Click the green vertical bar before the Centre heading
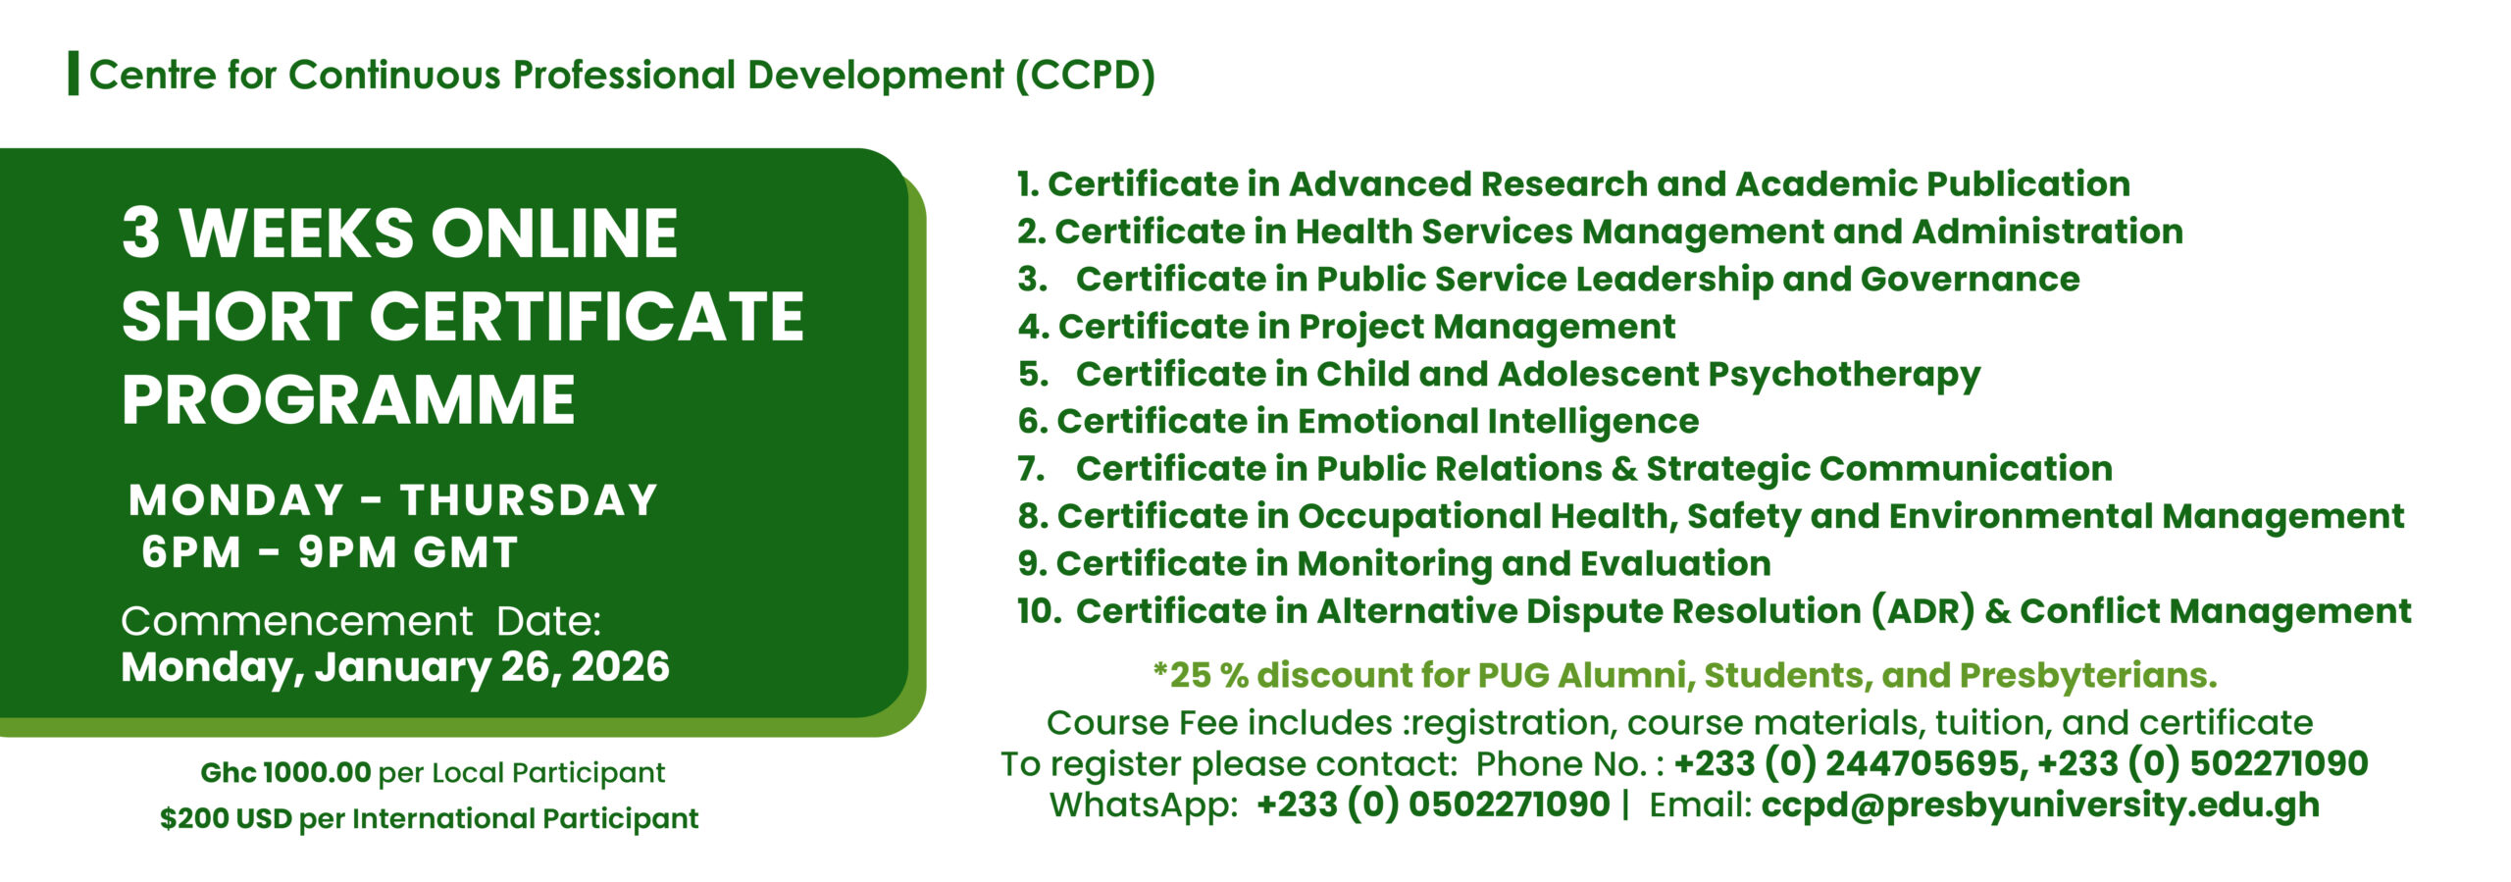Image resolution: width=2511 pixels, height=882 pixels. pyautogui.click(x=74, y=75)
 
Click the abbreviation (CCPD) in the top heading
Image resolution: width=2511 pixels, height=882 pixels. pyautogui.click(x=1085, y=76)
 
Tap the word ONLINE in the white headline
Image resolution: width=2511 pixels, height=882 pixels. pyautogui.click(x=554, y=233)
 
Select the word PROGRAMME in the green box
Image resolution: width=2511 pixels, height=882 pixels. pyautogui.click(x=348, y=400)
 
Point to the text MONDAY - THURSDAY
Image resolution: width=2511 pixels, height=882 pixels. pyautogui.click(x=392, y=500)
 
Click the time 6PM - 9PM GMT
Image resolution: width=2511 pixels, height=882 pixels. pyautogui.click(x=330, y=552)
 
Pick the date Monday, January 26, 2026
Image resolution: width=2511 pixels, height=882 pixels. pyautogui.click(x=395, y=668)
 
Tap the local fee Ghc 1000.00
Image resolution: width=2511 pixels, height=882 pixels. pyautogui.click(x=285, y=772)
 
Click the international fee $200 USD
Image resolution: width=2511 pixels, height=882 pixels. pyautogui.click(x=226, y=818)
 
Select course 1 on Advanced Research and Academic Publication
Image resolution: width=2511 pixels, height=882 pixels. pyautogui.click(x=1573, y=183)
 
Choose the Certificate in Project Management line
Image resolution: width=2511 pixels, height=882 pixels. pyautogui.click(x=1347, y=327)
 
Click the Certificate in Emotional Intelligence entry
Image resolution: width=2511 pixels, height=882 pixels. pyautogui.click(x=1358, y=422)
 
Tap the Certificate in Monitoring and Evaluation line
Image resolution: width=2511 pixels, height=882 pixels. pyautogui.click(x=1394, y=564)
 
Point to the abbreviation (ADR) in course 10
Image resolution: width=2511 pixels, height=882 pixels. pyautogui.click(x=1922, y=611)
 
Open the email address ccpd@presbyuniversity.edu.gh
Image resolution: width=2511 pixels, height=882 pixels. pyautogui.click(x=2040, y=805)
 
